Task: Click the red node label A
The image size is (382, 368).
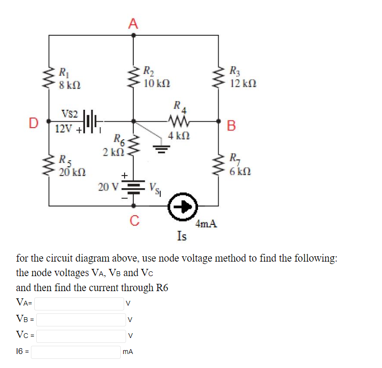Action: (x=134, y=23)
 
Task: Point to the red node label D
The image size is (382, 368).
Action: (x=33, y=122)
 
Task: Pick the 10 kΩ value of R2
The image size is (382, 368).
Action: (x=157, y=83)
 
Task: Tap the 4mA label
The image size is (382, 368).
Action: (x=206, y=224)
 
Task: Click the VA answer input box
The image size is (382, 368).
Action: (x=79, y=304)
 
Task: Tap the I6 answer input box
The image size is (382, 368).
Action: (x=76, y=352)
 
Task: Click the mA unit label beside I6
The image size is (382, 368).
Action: (x=128, y=353)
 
